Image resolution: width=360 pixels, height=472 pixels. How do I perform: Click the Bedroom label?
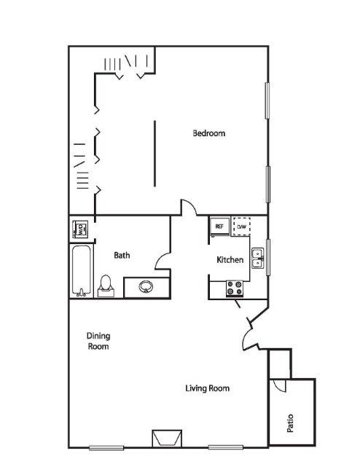click(208, 133)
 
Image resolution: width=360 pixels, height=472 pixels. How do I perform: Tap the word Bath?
click(122, 255)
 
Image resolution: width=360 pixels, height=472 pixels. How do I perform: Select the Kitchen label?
click(230, 259)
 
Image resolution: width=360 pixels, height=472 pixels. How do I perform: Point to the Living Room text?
click(207, 388)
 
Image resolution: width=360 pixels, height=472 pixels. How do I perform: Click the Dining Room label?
click(98, 341)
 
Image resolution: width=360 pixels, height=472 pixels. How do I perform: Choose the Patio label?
click(290, 423)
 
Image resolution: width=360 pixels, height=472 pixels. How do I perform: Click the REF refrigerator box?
click(219, 227)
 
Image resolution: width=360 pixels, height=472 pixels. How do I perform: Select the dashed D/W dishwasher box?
click(242, 227)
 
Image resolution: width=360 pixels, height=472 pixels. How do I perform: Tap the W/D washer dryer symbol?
click(80, 229)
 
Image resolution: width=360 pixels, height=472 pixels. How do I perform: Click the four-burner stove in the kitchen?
click(235, 288)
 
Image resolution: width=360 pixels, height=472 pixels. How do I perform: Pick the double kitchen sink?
click(258, 259)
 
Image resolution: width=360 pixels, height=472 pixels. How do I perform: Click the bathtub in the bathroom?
click(82, 271)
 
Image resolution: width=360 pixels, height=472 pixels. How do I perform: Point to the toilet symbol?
click(106, 286)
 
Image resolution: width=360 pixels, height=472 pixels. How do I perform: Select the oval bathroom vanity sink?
click(146, 286)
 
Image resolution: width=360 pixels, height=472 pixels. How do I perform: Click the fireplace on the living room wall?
click(167, 438)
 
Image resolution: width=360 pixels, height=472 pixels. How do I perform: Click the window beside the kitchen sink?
click(268, 257)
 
